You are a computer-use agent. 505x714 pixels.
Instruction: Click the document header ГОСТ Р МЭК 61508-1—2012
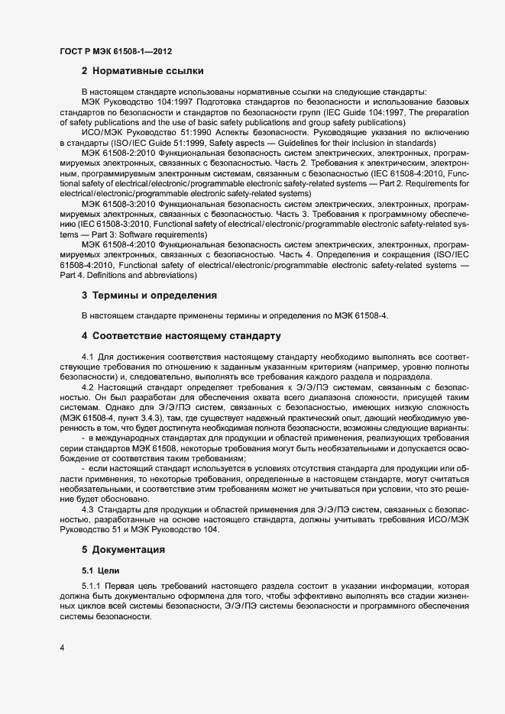point(115,51)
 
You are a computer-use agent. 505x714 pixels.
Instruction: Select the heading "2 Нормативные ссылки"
point(142,71)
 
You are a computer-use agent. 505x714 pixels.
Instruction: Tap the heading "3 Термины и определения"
point(150,295)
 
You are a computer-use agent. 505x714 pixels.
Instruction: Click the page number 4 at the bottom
point(62,648)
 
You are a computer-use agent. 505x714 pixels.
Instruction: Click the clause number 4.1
point(88,356)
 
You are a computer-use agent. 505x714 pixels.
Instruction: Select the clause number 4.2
point(88,387)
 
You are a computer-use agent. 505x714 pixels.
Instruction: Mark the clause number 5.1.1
point(92,585)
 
